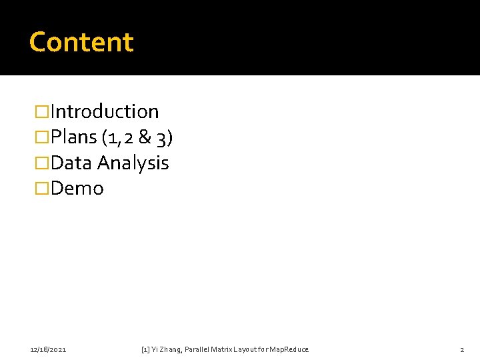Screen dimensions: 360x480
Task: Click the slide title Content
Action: click(x=81, y=42)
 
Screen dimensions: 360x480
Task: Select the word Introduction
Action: click(x=105, y=111)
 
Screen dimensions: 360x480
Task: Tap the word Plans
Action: click(x=74, y=137)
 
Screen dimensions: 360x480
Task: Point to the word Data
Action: click(x=71, y=163)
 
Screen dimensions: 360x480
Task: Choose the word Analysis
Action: click(x=133, y=163)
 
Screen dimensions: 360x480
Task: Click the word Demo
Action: click(x=77, y=189)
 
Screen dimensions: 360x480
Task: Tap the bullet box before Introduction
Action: click(x=42, y=111)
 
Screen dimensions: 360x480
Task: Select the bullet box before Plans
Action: click(x=42, y=137)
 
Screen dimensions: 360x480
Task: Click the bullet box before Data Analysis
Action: click(x=42, y=163)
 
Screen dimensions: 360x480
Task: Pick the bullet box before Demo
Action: click(x=42, y=189)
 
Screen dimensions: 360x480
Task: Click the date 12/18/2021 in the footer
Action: click(x=48, y=349)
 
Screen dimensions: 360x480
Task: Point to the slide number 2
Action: click(x=461, y=349)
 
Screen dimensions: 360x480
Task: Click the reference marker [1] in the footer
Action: click(x=146, y=349)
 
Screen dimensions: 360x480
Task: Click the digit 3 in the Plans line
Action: click(x=163, y=137)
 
